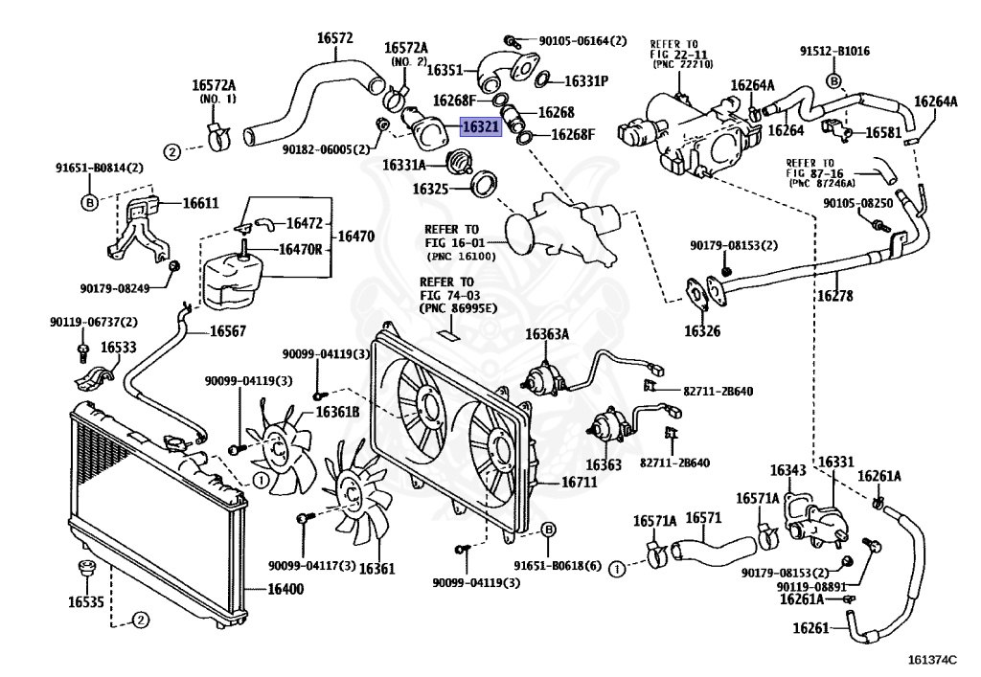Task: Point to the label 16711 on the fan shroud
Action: (579, 484)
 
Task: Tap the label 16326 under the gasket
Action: (703, 331)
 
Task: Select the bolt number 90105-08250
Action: (857, 204)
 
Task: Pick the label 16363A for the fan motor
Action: (546, 334)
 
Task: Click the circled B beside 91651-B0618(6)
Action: (549, 530)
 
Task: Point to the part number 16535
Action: (85, 602)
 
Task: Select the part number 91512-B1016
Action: (834, 52)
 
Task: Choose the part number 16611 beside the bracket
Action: (200, 203)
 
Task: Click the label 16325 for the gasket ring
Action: (431, 190)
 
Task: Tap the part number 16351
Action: (445, 70)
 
